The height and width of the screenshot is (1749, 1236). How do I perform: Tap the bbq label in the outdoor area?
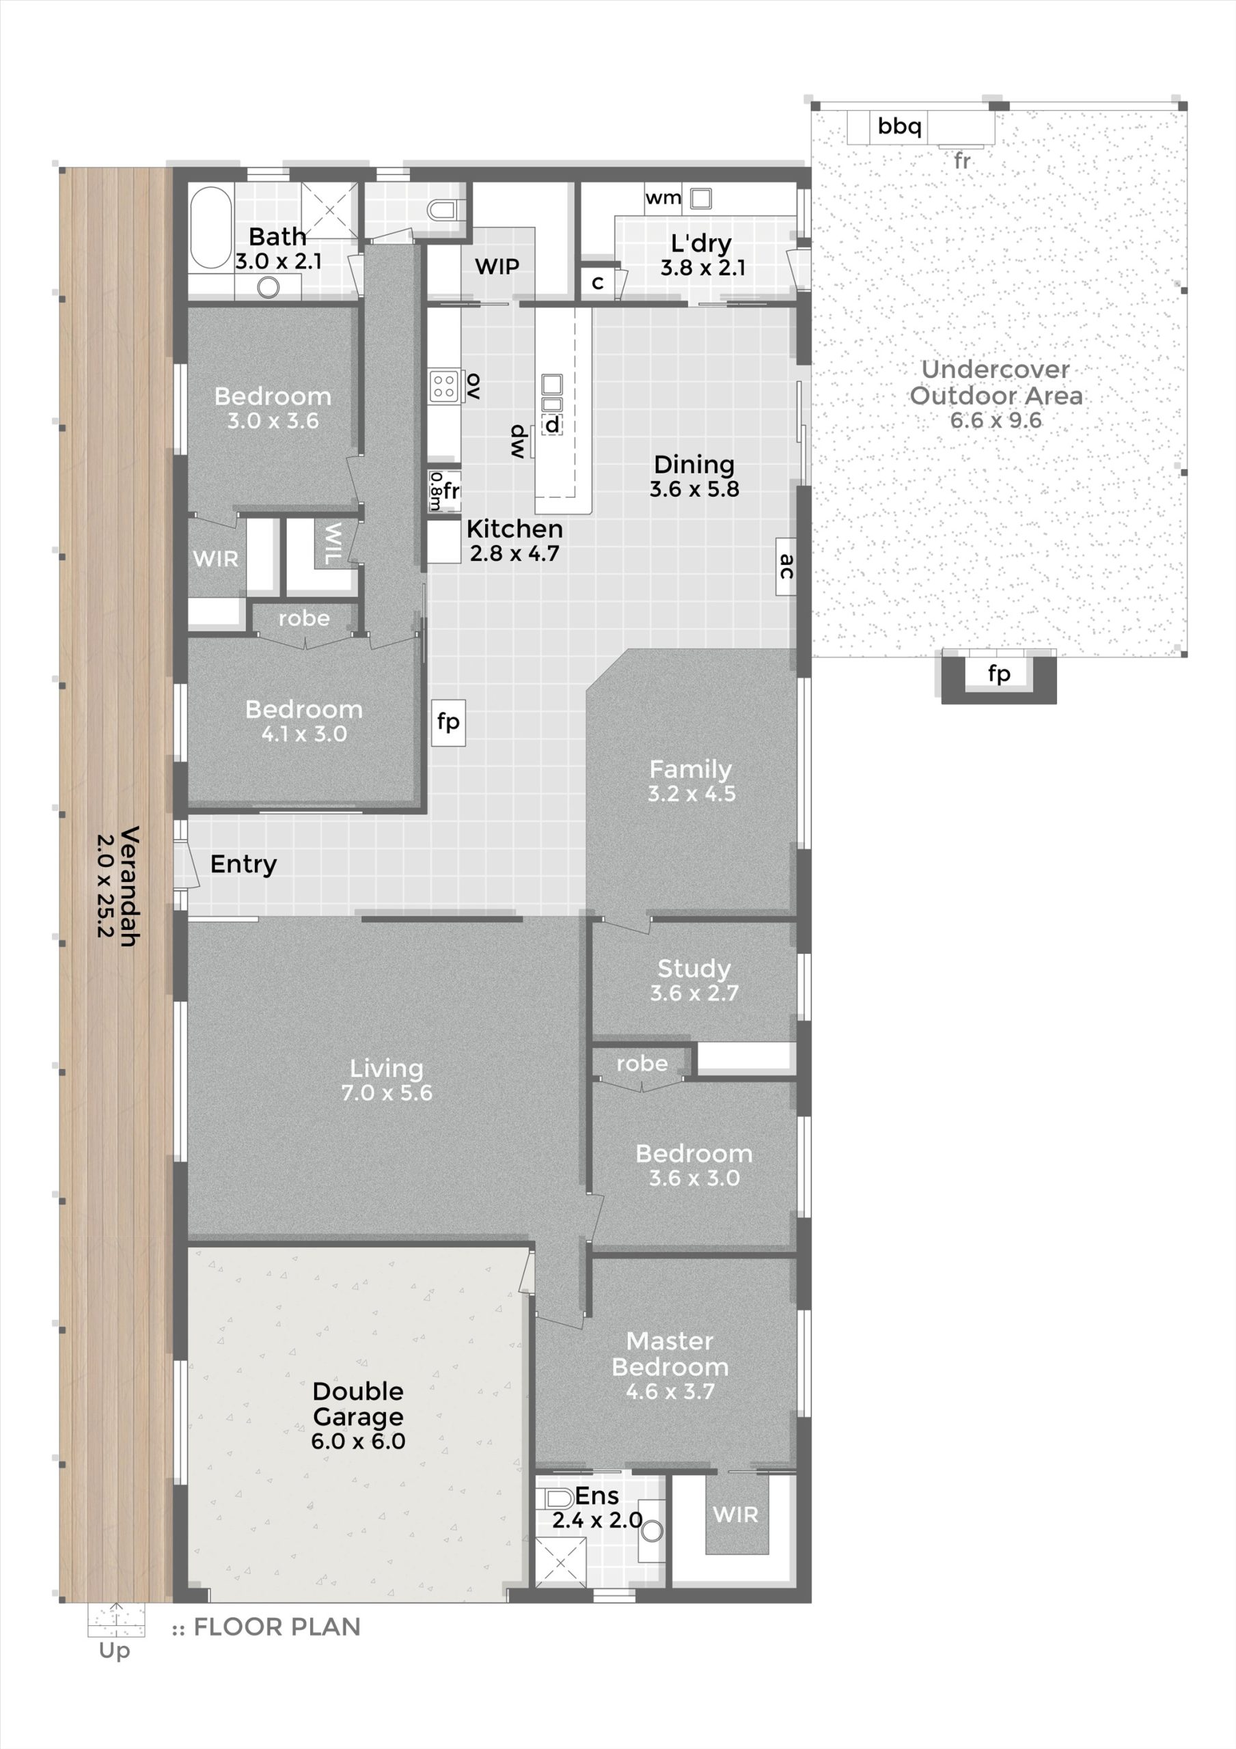pos(899,126)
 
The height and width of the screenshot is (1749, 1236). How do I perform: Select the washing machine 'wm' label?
pos(663,198)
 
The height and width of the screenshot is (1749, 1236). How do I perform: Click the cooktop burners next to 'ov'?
pos(443,385)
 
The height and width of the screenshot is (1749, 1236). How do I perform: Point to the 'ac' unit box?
pos(786,568)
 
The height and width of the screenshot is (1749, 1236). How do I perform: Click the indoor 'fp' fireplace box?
pos(448,722)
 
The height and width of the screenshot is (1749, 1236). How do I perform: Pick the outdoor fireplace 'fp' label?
pos(999,674)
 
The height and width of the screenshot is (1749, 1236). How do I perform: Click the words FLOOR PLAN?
pos(277,1628)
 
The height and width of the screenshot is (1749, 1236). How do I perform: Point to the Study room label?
pos(694,968)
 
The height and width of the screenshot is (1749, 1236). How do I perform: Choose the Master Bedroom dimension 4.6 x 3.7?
pos(670,1392)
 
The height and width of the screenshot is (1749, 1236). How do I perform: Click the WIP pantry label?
pos(497,266)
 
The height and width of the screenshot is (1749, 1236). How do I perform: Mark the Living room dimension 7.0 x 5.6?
pos(386,1093)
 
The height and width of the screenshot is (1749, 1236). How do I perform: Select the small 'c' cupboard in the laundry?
pos(597,283)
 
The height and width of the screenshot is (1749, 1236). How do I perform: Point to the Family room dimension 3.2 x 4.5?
pos(692,794)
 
